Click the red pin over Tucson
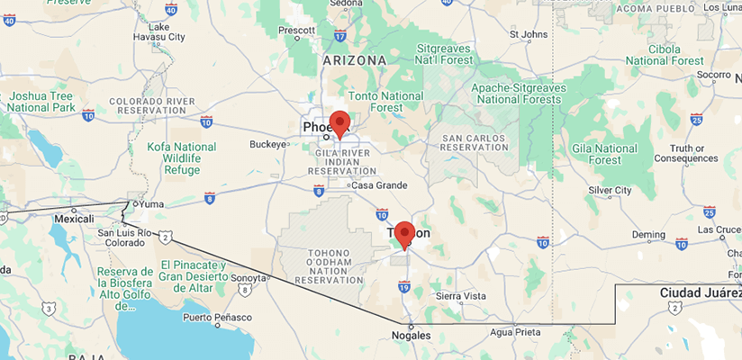(404, 234)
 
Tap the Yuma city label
(151, 204)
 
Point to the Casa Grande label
(377, 185)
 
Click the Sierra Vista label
(460, 295)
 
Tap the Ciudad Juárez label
(699, 293)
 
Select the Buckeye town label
(267, 144)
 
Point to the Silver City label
(610, 191)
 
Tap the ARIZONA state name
(354, 60)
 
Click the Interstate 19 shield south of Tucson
(404, 287)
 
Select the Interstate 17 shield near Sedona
(339, 36)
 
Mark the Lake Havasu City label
(165, 31)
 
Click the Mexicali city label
(74, 219)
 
